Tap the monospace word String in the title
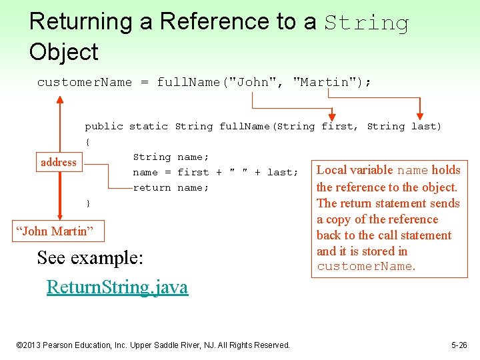coord(367,23)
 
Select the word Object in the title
coord(63,52)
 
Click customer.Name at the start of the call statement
coord(85,82)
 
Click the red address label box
coord(59,162)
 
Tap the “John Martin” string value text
coord(58,231)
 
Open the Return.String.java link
coord(117,287)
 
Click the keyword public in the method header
coord(104,126)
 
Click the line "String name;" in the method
coord(171,157)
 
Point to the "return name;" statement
coord(171,187)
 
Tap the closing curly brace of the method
coord(87,203)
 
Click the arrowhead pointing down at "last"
coord(420,114)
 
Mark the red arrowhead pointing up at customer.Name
coord(60,101)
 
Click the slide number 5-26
coord(459,345)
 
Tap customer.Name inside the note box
coord(365,267)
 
